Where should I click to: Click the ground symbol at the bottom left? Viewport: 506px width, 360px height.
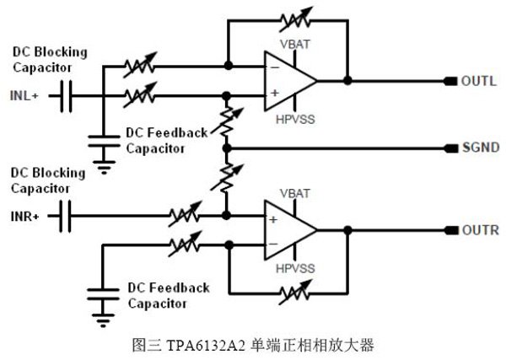pyautogui.click(x=103, y=321)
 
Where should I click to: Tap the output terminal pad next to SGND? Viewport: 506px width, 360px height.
pyautogui.click(x=449, y=148)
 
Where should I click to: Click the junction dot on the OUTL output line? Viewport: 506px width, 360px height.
pyautogui.click(x=347, y=82)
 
